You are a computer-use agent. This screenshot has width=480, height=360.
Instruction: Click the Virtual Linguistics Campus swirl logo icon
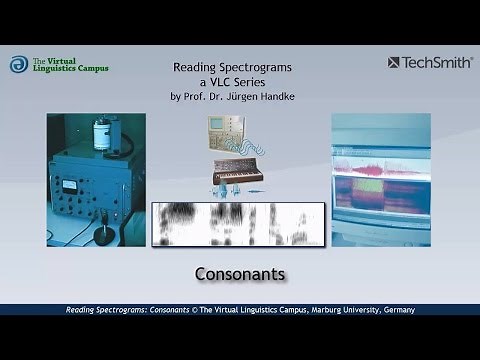coord(18,64)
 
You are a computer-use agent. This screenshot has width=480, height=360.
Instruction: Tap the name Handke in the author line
coord(279,96)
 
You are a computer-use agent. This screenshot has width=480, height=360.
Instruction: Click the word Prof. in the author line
coord(186,96)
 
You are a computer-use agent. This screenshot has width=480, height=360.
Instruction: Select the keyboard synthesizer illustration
coord(237,177)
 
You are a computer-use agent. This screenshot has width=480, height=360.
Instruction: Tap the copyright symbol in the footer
coord(194,310)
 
